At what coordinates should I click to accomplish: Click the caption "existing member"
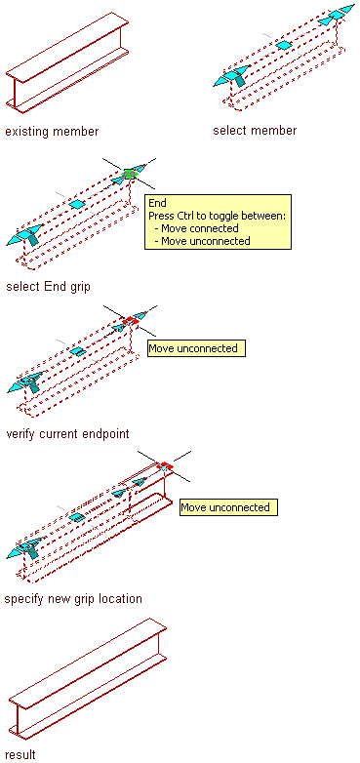tap(52, 132)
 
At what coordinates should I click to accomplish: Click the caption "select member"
tap(255, 131)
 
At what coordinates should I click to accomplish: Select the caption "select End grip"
tap(48, 287)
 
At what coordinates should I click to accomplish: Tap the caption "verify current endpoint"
tap(67, 433)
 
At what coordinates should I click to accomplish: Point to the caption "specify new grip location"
tap(73, 598)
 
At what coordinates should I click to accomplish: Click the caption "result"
tap(20, 755)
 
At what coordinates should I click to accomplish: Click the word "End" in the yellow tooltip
tap(158, 203)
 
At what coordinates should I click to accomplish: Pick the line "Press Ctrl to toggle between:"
tap(217, 216)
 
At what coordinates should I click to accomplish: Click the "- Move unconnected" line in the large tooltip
tap(201, 241)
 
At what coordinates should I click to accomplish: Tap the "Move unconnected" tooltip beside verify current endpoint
tap(196, 348)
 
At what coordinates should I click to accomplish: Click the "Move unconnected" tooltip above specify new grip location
tap(228, 507)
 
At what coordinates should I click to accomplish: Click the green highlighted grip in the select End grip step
tap(130, 174)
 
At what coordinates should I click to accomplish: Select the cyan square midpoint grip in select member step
tap(284, 45)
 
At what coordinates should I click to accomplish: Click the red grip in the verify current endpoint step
tap(131, 321)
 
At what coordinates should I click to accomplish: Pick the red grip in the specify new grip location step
tap(165, 465)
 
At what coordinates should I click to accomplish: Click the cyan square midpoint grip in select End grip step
tap(77, 204)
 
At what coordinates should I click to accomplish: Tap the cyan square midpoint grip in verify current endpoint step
tap(77, 351)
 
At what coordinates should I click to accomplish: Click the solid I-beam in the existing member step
tap(67, 62)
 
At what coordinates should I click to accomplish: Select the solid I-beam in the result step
tap(88, 679)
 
